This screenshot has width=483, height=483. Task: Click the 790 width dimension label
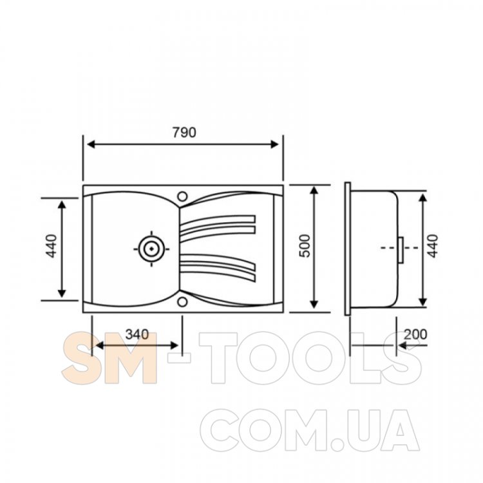click(184, 133)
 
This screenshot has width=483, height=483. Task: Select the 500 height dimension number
click(305, 246)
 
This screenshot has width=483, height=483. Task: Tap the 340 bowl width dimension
click(137, 334)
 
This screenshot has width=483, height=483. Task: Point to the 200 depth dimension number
click(415, 334)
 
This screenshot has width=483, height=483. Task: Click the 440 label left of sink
click(52, 246)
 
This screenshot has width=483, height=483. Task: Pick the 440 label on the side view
click(433, 246)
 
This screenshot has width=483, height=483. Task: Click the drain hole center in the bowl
click(151, 249)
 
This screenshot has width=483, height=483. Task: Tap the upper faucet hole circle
click(182, 196)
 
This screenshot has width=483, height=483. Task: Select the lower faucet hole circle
click(182, 302)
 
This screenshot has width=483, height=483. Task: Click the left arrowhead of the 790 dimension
click(91, 144)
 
